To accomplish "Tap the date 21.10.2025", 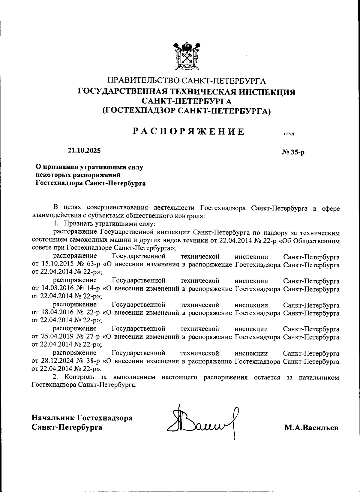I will [x=84, y=151].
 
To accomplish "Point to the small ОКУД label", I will [x=289, y=134].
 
